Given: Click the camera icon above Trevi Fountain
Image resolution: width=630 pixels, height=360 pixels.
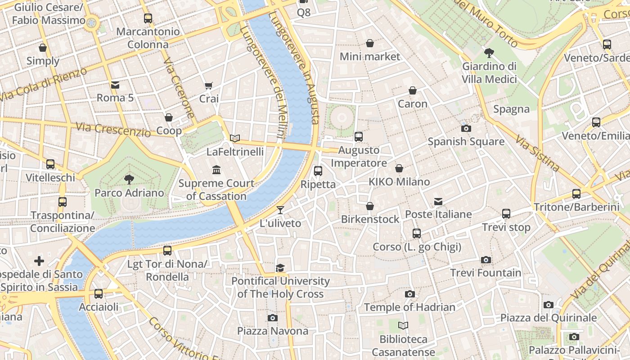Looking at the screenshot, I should pos(486,260).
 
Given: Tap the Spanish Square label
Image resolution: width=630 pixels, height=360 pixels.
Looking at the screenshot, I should pos(466,142).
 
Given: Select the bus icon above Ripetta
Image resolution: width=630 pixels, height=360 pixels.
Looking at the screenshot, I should pos(318,171).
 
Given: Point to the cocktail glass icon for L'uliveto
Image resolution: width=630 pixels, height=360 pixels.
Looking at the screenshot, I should pos(280,210).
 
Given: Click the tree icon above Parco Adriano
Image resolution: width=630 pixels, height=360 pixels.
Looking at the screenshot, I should pos(129,180).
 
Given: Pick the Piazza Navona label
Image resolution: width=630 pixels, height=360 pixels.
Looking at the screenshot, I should pos(273,331).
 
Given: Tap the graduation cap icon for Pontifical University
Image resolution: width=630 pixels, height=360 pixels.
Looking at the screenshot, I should pos(280,268).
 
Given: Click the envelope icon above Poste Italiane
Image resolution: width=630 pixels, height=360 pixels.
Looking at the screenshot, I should pos(438,201).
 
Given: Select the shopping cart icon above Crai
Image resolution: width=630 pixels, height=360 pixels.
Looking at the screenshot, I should pos(209,85).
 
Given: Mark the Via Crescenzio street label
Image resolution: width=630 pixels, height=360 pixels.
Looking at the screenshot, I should pos(113,130).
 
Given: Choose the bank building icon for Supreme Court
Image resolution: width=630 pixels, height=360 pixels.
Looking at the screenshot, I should pos(216,170).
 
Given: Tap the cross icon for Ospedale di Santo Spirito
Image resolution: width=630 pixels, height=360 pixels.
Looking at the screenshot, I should pos(39,261).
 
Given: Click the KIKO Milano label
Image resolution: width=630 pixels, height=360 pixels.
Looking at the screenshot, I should pos(399,182).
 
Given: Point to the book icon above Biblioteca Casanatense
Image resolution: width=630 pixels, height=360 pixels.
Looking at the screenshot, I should pos(403,325).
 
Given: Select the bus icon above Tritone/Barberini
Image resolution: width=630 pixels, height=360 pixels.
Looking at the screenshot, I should pos(576,194).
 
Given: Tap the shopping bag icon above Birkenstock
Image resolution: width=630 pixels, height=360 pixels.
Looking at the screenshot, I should pos(370,206).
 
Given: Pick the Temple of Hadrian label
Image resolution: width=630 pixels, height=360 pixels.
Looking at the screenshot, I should pos(409,307).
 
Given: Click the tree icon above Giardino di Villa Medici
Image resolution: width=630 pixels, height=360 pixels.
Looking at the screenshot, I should pos(489,53).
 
